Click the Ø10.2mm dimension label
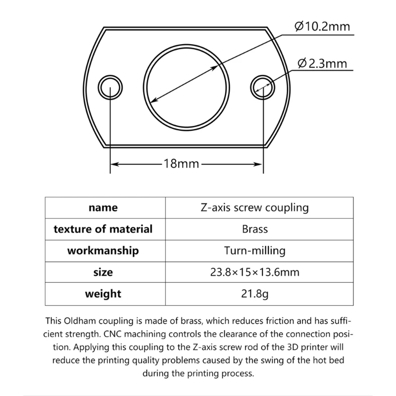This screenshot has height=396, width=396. [322, 26]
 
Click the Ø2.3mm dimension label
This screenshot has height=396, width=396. [322, 63]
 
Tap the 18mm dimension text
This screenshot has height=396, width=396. [181, 163]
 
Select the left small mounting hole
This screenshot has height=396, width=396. [110, 88]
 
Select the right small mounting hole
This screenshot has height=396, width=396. [262, 88]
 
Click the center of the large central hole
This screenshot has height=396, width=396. [186, 87]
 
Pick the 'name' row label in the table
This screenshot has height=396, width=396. [103, 208]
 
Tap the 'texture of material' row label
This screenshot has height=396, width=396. [103, 229]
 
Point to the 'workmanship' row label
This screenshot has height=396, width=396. [103, 250]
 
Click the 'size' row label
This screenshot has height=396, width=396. [103, 272]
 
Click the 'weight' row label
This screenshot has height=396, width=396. [103, 294]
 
